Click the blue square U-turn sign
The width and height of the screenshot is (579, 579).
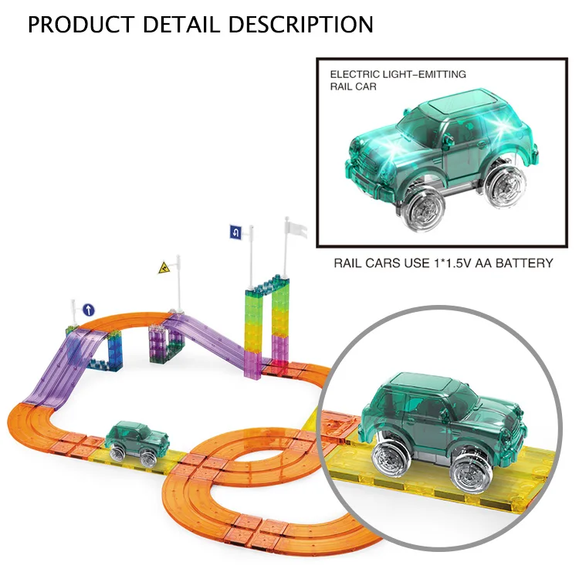(235, 231)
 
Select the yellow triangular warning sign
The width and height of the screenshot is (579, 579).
(164, 269)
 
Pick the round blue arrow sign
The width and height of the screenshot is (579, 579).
(88, 310)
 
